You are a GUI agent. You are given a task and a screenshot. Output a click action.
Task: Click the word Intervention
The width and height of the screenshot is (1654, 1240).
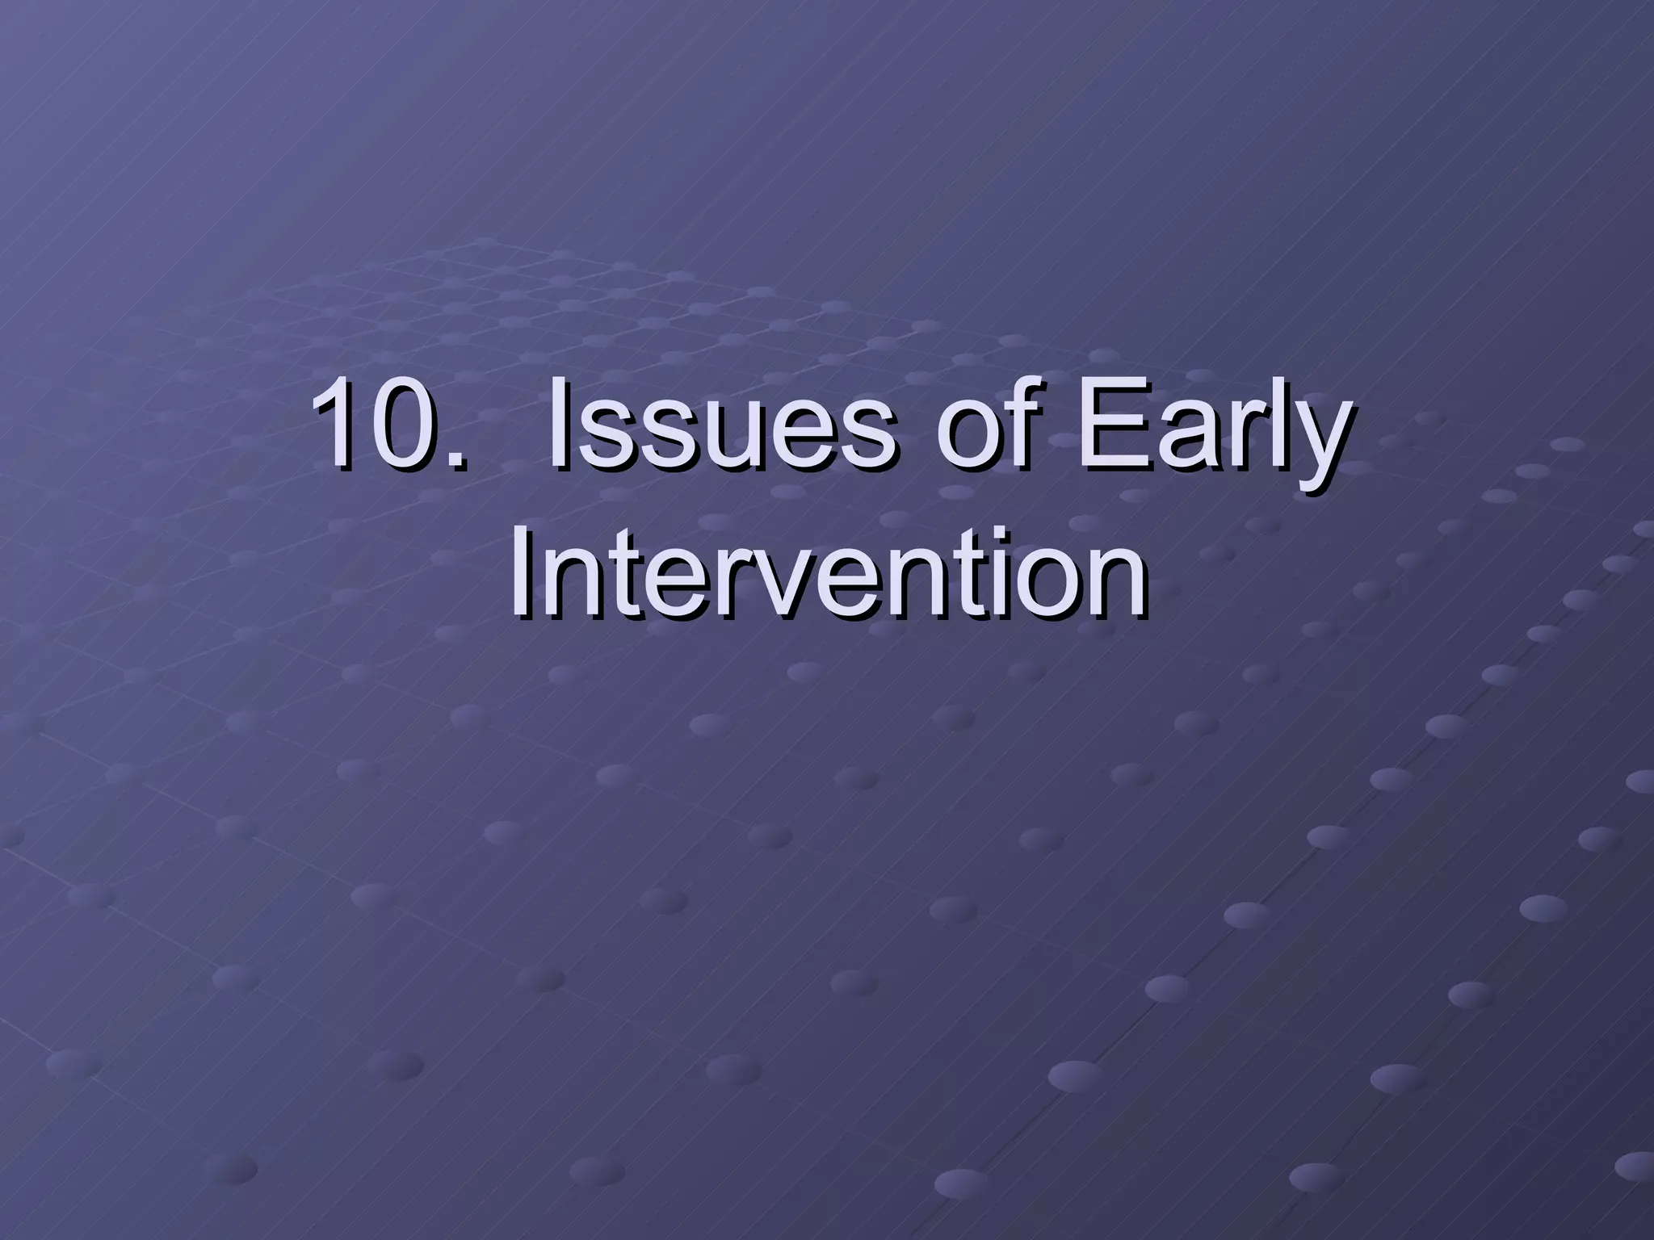click(827, 575)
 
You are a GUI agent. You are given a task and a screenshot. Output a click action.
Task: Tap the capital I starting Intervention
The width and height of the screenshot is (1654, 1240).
click(521, 575)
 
